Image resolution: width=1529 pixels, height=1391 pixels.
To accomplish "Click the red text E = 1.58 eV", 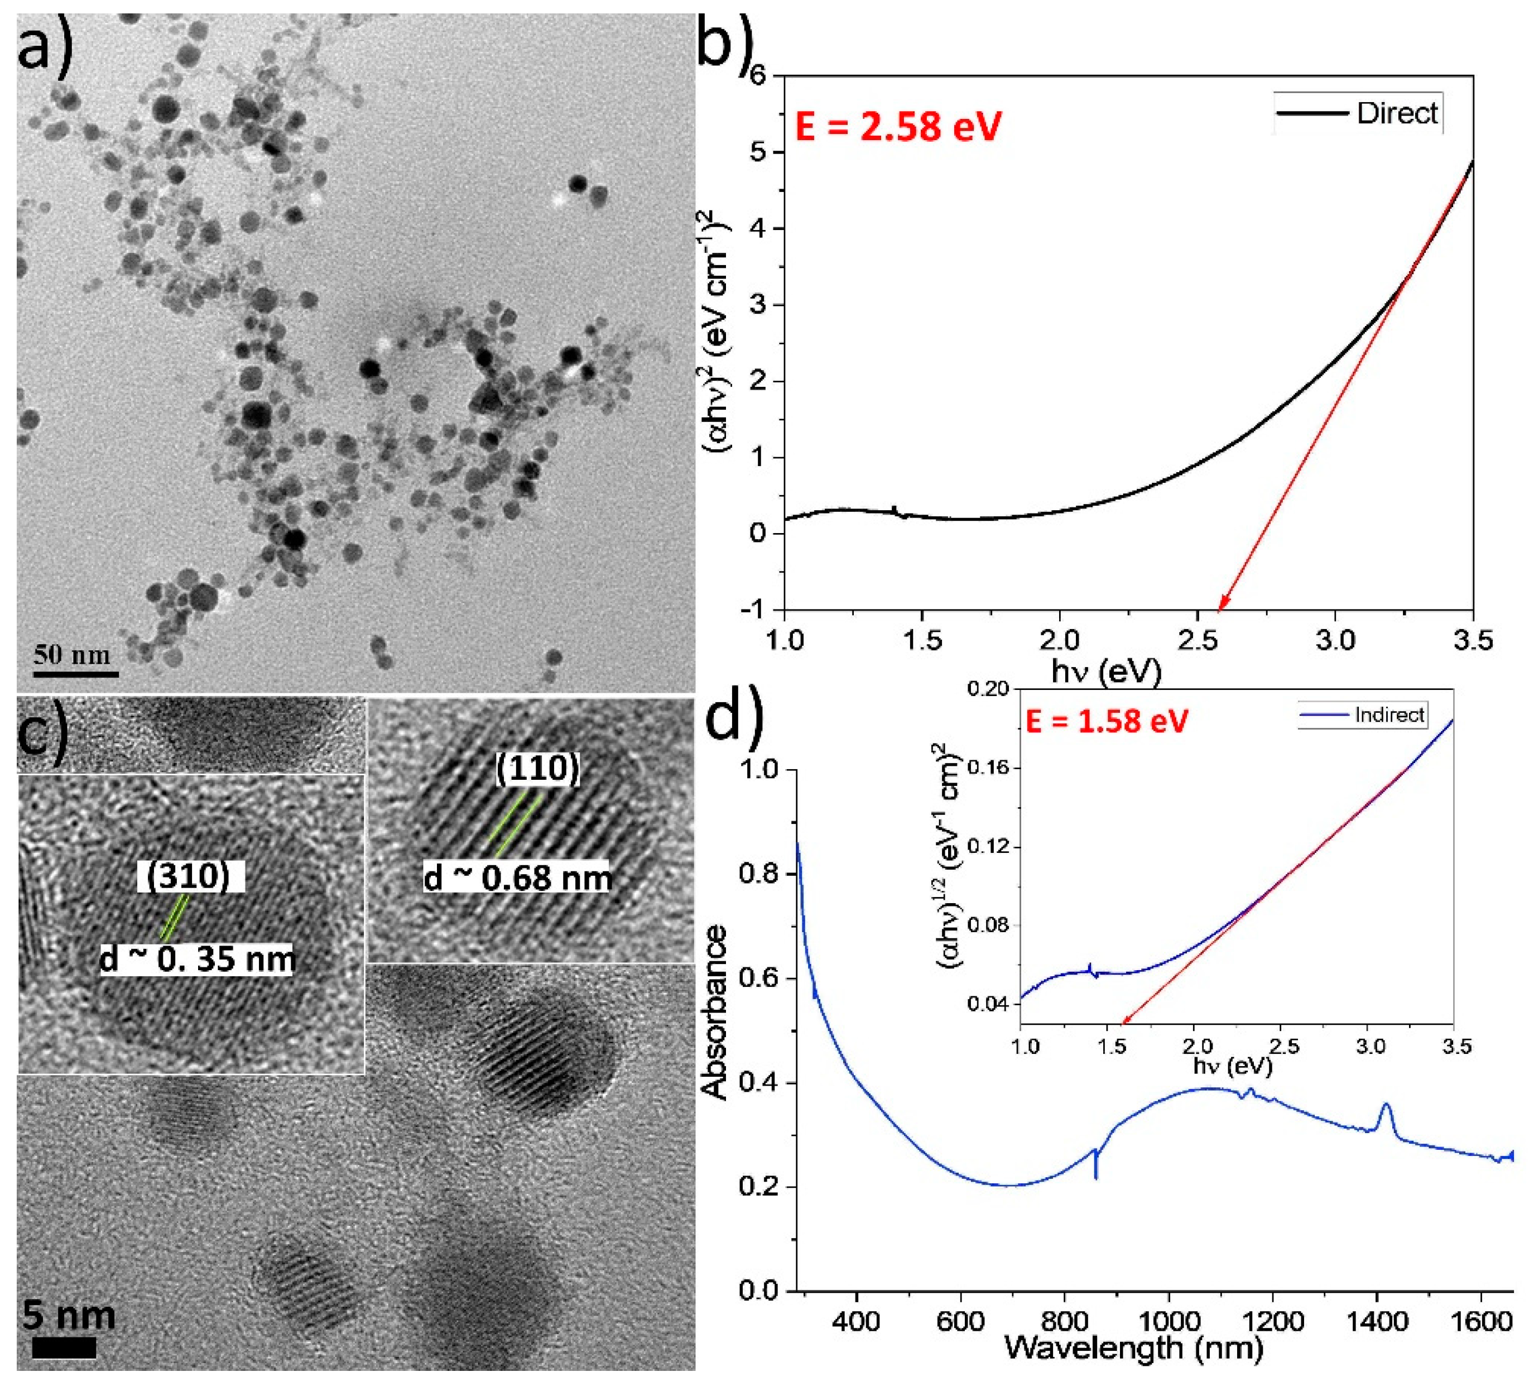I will coord(1106,721).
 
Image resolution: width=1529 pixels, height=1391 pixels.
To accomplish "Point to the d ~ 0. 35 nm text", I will coord(197,960).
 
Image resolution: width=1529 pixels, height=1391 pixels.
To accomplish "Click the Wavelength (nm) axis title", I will coord(1133,1348).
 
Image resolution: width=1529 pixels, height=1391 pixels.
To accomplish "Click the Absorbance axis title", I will coord(714,1013).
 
